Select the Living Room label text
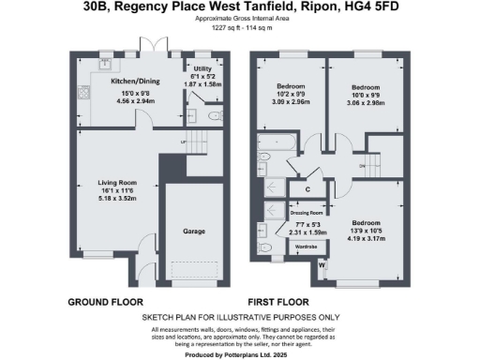pos(121,182)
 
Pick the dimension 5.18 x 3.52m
pos(121,199)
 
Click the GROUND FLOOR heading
pos(105,303)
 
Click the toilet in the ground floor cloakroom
pos(215,115)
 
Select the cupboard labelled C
pos(307,188)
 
